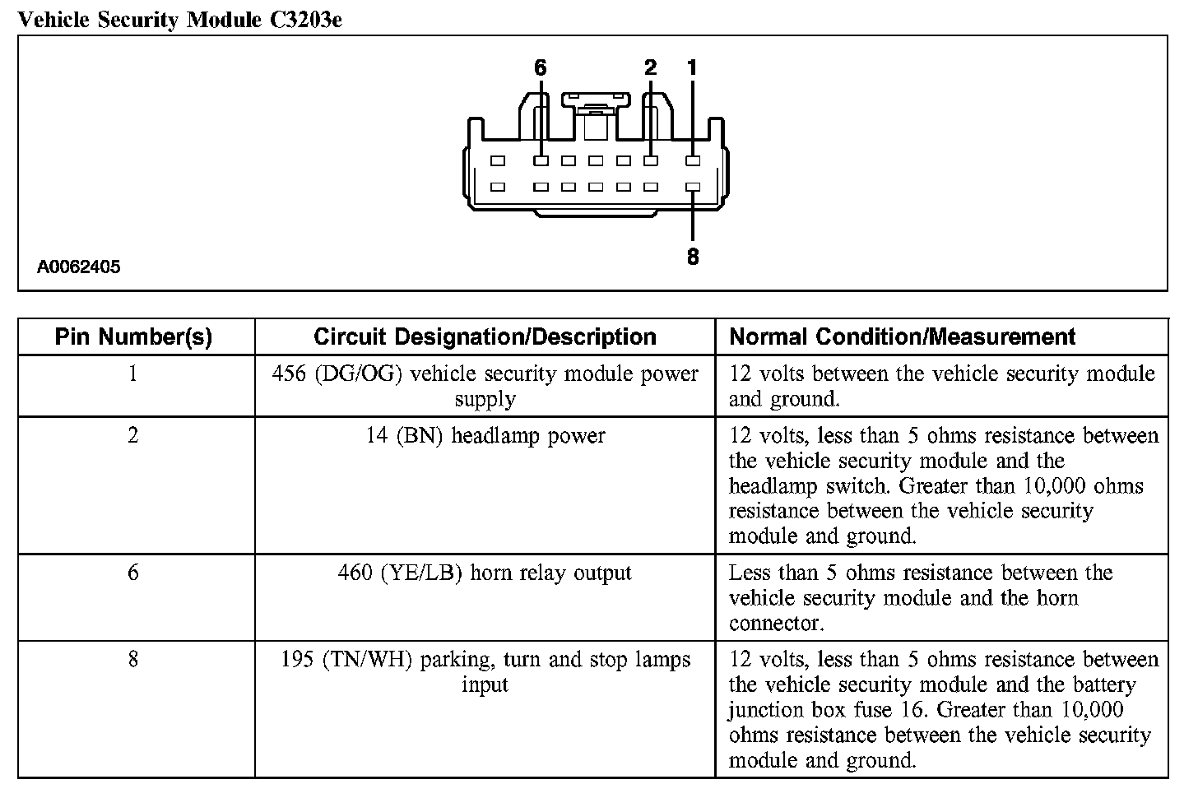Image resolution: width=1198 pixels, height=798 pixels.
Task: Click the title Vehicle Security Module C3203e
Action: (179, 19)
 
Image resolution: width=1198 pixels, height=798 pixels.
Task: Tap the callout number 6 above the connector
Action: (540, 68)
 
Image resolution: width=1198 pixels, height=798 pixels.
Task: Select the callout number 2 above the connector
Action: (651, 68)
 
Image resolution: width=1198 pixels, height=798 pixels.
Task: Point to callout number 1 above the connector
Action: (692, 68)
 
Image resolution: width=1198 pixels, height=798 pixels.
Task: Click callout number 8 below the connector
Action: (693, 257)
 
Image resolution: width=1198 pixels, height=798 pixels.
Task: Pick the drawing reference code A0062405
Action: (79, 267)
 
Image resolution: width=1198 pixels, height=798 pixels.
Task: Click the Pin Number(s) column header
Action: (133, 336)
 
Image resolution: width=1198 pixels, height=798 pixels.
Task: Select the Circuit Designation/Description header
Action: (485, 336)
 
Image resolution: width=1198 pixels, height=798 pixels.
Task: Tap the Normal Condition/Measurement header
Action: (903, 336)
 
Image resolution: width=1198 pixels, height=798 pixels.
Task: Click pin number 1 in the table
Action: (133, 374)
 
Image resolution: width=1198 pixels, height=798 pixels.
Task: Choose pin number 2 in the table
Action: (133, 436)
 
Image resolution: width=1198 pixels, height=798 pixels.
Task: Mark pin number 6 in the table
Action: (133, 573)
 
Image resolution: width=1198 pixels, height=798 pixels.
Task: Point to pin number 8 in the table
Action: (133, 660)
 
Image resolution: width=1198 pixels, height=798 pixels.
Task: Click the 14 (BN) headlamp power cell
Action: (485, 436)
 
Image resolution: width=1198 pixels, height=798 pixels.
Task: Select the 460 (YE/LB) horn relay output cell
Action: (485, 573)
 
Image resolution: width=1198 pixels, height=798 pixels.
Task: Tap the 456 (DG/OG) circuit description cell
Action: (485, 386)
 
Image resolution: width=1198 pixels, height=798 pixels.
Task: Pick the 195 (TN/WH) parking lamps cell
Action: (485, 671)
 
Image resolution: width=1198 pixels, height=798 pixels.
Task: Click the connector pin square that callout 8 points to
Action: (693, 187)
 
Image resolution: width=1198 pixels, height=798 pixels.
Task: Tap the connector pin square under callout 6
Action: (541, 161)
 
